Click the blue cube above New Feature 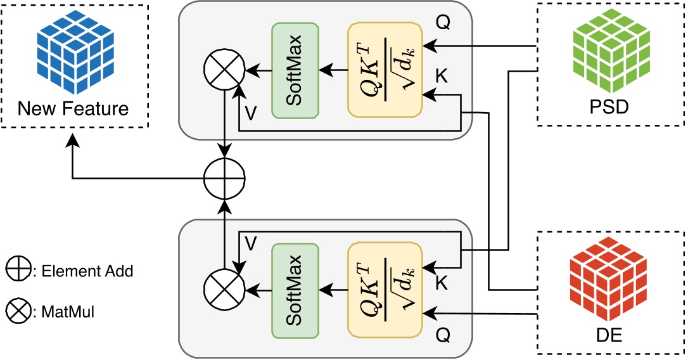[x=73, y=49]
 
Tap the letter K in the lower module [x=442, y=283]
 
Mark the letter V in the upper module [x=251, y=112]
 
